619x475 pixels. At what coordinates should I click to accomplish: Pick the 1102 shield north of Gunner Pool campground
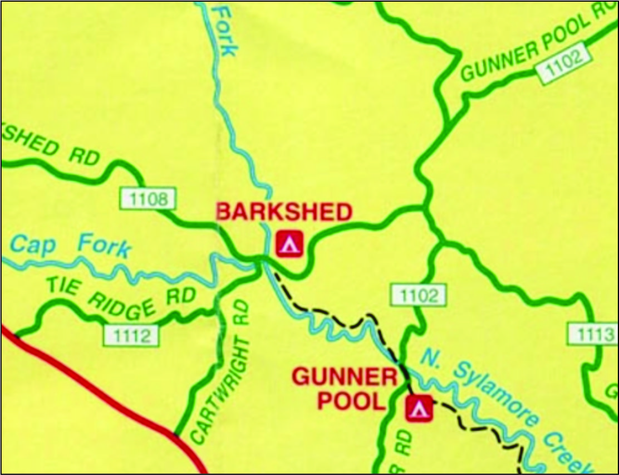click(x=417, y=296)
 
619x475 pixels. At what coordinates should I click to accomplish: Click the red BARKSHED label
click(x=284, y=212)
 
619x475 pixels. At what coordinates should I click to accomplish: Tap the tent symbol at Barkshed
click(x=289, y=244)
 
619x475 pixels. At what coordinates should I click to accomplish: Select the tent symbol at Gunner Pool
click(x=419, y=409)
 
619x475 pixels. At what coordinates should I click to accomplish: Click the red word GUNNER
click(x=344, y=378)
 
